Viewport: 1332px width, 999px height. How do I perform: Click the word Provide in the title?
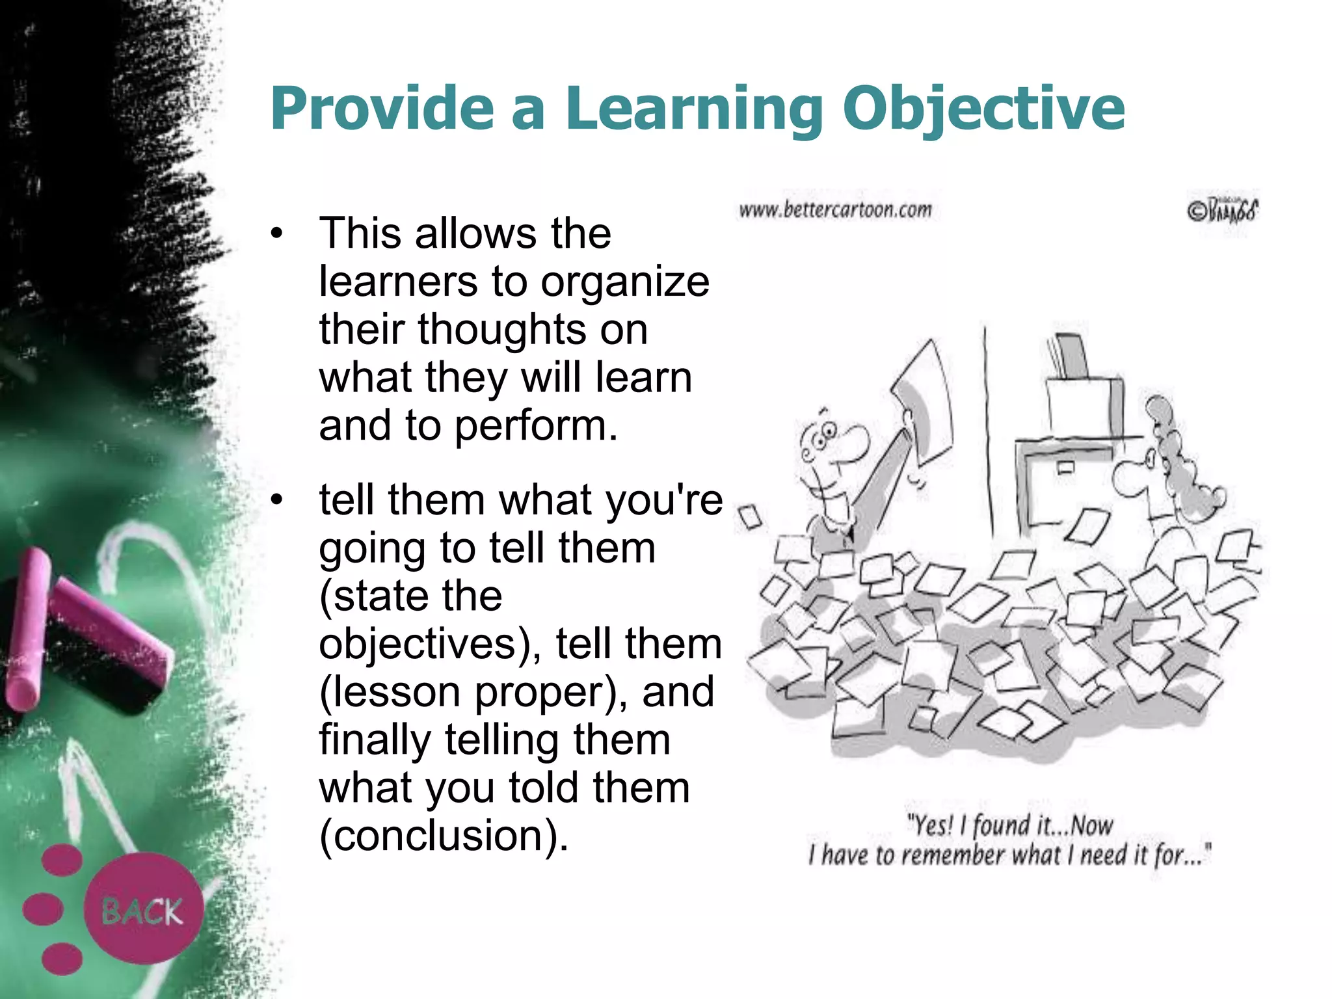382,109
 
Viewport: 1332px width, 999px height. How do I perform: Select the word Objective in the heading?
983,109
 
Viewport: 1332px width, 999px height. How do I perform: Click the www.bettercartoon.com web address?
835,210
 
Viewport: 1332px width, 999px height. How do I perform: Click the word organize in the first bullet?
625,282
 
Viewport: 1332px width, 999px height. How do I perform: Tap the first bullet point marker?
278,233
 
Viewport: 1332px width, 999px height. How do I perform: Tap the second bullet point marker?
278,500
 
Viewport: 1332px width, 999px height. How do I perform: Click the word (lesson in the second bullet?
390,691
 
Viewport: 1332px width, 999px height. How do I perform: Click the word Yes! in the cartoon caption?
931,825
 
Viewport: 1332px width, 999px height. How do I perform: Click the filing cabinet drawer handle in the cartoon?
1065,467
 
